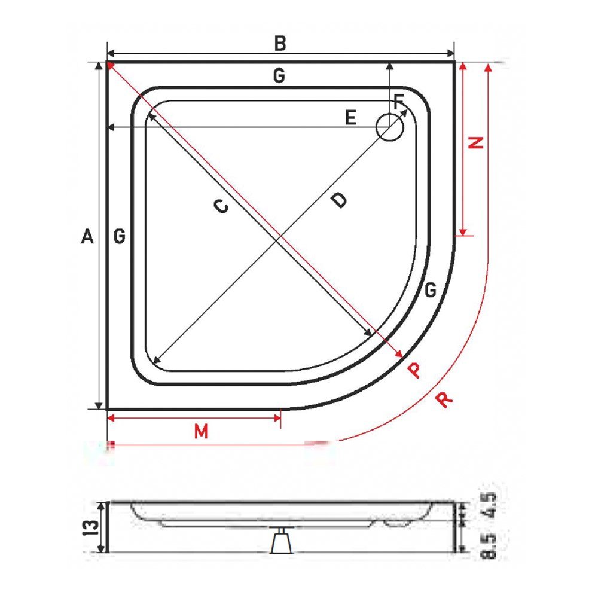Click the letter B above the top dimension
point(280,44)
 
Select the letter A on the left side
point(87,237)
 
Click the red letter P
point(414,370)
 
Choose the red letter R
point(444,399)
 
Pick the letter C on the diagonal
point(221,206)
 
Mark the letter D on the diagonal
point(338,200)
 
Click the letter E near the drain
point(350,118)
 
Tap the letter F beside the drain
point(399,101)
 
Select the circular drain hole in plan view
point(389,127)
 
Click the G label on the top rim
point(278,76)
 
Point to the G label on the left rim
point(120,237)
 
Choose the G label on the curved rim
point(429,291)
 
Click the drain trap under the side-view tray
point(280,542)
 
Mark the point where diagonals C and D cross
point(277,238)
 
